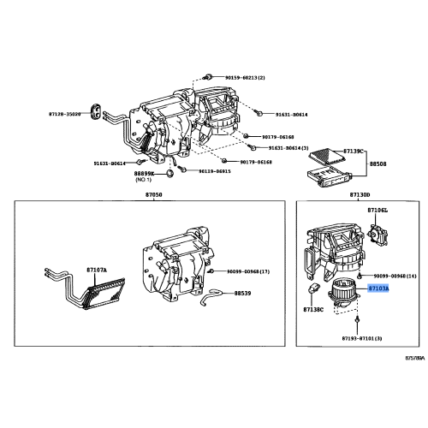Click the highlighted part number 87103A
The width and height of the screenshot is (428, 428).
pos(378,289)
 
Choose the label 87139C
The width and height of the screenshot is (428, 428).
pos(354,151)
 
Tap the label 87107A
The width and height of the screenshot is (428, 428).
pos(97,270)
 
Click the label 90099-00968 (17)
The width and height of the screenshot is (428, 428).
pos(248,271)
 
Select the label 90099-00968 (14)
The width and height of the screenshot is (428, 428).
pos(395,276)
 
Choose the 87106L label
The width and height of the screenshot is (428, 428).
pos(377,210)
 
